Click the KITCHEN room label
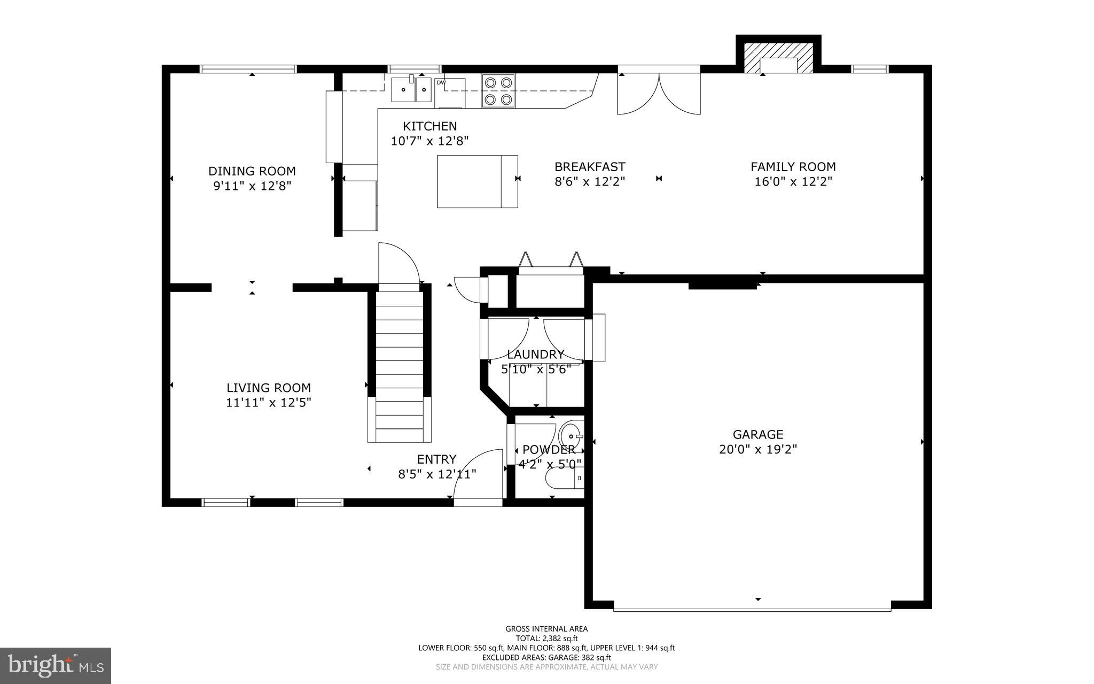(429, 126)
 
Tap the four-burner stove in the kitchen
(498, 90)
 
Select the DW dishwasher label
(441, 83)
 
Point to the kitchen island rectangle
(477, 181)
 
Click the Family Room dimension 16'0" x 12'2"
(793, 182)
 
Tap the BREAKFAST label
(590, 167)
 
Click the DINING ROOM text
(252, 171)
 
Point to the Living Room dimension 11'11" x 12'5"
(268, 403)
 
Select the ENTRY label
(436, 459)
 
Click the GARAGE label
(757, 435)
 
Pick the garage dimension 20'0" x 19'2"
(757, 450)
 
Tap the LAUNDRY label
(535, 355)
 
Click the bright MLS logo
(55, 665)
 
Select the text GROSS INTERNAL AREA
(546, 629)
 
